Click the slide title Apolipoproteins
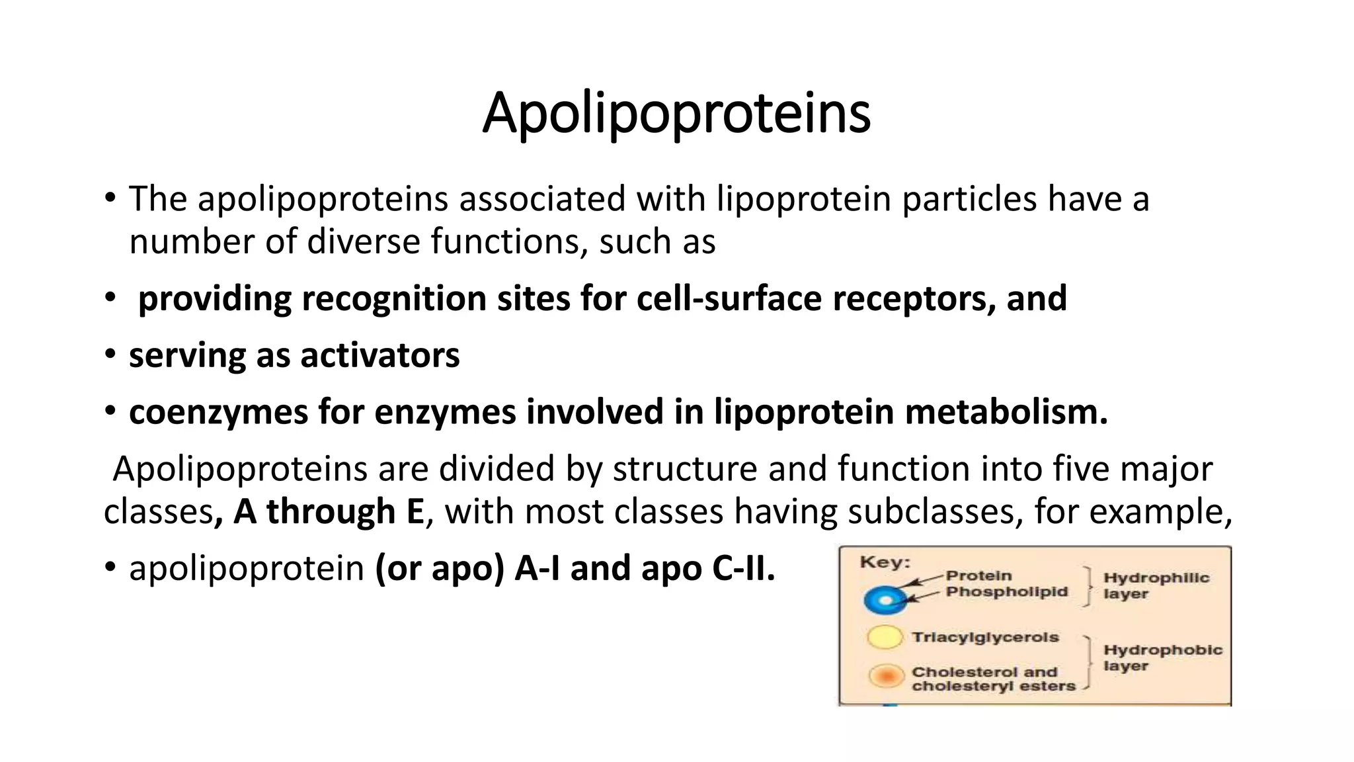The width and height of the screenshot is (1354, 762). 676,113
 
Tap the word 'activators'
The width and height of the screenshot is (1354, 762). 380,355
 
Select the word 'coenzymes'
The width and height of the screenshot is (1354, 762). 218,412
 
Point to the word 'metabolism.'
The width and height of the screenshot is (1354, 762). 1006,412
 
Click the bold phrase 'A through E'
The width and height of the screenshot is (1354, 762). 329,512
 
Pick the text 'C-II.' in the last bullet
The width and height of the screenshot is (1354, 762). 743,568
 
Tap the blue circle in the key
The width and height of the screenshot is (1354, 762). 885,601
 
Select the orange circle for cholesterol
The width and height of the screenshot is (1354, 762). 886,676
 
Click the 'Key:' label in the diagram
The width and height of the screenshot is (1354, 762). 885,563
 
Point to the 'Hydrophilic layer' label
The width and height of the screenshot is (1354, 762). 1155,585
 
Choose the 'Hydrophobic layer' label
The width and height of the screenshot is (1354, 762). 1162,657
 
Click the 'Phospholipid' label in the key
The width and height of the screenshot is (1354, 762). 1006,591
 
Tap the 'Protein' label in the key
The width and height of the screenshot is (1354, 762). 978,575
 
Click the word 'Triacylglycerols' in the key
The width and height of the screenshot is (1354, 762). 985,637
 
